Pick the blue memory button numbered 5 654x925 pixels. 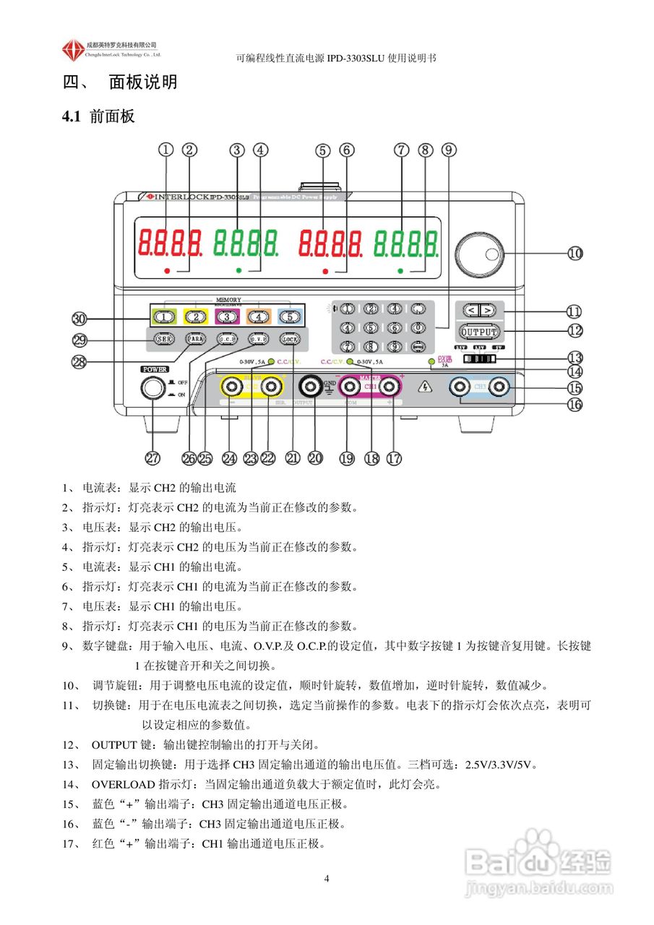click(288, 316)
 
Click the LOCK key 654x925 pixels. click(290, 338)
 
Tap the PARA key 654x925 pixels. click(194, 338)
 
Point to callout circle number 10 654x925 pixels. click(575, 253)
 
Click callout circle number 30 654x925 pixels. click(80, 318)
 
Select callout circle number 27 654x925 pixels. click(152, 457)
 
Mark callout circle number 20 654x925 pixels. click(316, 457)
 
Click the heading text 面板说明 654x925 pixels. click(143, 82)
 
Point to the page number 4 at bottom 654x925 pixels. click(327, 878)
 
